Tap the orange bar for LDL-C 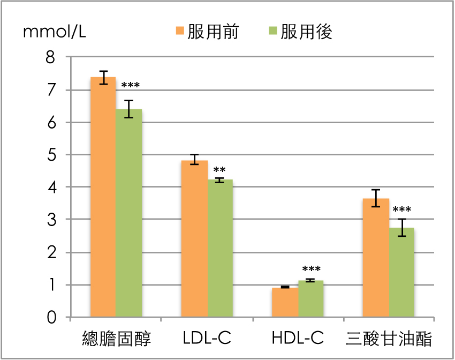(x=194, y=239)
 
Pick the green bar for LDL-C (x=220, y=249)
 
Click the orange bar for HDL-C (x=285, y=303)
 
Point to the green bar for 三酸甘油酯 (x=401, y=273)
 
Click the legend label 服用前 (x=213, y=32)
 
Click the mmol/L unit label (x=54, y=32)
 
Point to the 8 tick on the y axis (x=51, y=57)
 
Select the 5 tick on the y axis (x=51, y=155)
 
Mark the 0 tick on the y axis (x=51, y=318)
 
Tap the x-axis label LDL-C (x=207, y=339)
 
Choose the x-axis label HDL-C (x=298, y=339)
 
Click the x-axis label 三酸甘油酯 (x=389, y=339)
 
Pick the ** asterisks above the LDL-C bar (x=219, y=171)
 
